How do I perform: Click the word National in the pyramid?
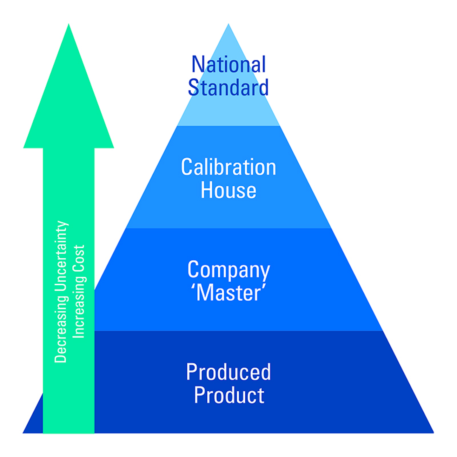[x=228, y=64]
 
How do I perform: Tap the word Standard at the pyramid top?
[x=228, y=88]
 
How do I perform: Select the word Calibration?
[x=228, y=167]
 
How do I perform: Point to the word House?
[x=228, y=190]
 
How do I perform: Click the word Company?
[x=228, y=270]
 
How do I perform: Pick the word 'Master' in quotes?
[x=228, y=293]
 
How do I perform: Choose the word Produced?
[x=228, y=372]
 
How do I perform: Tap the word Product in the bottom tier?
[x=229, y=395]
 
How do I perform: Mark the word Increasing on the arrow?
[x=79, y=307]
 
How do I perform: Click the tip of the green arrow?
[x=69, y=25]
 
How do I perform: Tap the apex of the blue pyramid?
[x=228, y=25]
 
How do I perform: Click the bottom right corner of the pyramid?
[x=433, y=433]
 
